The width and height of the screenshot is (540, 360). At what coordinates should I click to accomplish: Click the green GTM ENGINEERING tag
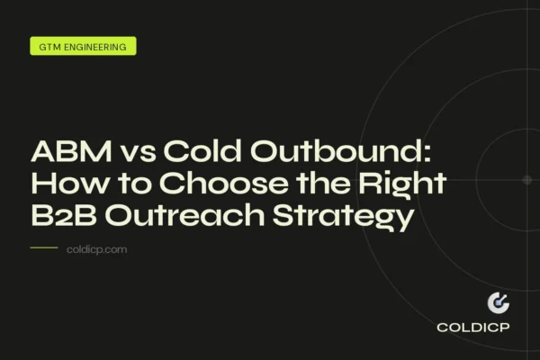pyautogui.click(x=83, y=45)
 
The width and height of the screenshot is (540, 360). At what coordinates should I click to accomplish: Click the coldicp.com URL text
pyautogui.click(x=97, y=249)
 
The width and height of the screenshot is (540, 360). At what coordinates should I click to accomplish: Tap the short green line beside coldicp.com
pyautogui.click(x=43, y=248)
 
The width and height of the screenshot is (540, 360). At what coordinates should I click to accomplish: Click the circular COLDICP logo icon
pyautogui.click(x=498, y=304)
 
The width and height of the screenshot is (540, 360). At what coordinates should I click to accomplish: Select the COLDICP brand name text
pyautogui.click(x=473, y=328)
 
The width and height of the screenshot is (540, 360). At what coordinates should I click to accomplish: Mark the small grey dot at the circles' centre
pyautogui.click(x=527, y=180)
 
